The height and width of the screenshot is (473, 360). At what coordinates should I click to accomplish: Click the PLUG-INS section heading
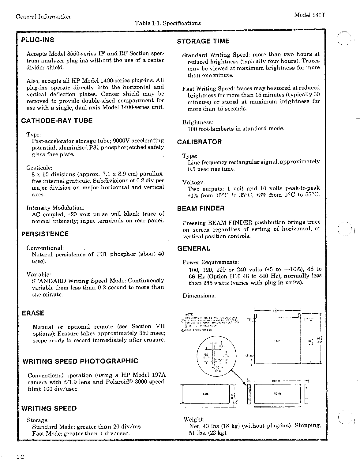pos(37,40)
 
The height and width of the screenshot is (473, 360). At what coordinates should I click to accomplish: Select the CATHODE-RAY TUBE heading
pos(57,120)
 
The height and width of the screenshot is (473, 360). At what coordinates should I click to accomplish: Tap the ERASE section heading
pos(33,313)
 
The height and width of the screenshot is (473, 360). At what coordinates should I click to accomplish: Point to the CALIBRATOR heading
pos(199,142)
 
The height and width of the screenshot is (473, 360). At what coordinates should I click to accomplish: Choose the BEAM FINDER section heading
pos(201,208)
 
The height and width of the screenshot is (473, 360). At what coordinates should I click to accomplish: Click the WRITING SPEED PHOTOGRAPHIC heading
pos(80,361)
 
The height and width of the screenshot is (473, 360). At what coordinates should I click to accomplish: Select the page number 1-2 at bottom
pos(20,457)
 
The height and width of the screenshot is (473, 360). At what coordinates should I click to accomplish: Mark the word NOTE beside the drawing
pos(189,314)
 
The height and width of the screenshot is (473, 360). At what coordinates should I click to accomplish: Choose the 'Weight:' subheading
pos(194,419)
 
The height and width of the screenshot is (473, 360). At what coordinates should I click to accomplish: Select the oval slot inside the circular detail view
pos(217,361)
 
